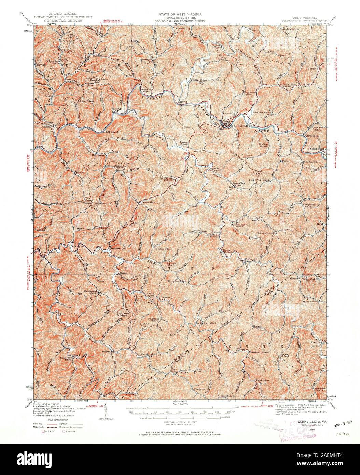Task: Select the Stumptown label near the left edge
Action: coord(48,252)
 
